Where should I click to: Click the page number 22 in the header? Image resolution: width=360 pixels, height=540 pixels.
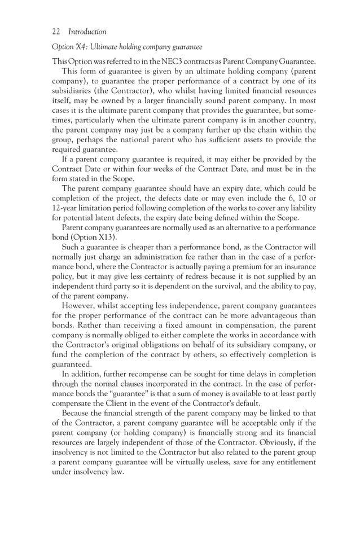56,32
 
